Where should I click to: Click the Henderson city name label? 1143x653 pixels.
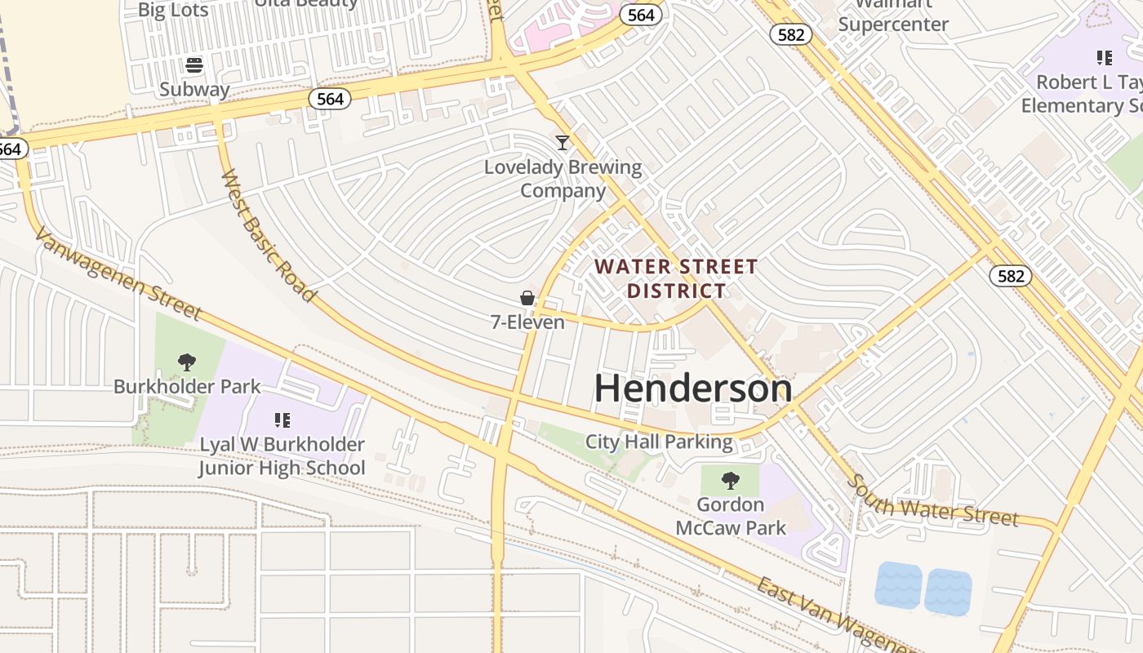click(x=693, y=389)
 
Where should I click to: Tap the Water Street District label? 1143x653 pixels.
click(x=676, y=278)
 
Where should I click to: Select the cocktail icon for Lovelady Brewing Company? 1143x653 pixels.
click(x=563, y=143)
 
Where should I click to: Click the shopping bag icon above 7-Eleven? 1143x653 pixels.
click(x=527, y=298)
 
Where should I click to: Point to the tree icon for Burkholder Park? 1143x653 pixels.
click(x=187, y=362)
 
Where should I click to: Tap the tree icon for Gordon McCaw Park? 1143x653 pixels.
click(x=731, y=480)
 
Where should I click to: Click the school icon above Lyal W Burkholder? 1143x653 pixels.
click(x=282, y=420)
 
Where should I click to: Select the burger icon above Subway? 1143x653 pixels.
click(x=194, y=65)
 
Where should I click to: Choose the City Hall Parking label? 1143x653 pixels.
click(x=659, y=442)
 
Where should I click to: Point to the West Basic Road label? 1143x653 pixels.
click(x=268, y=236)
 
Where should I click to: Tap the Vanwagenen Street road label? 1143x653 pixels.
click(x=118, y=273)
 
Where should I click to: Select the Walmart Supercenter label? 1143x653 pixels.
click(x=893, y=16)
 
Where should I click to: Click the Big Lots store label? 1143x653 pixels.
click(x=173, y=10)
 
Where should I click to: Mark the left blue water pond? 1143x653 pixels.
click(x=898, y=585)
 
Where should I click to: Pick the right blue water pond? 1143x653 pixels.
click(x=948, y=592)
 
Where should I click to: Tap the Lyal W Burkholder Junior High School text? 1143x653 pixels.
click(x=282, y=456)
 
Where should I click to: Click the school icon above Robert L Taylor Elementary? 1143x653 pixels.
click(x=1104, y=58)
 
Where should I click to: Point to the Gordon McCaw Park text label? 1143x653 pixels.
click(x=731, y=516)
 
